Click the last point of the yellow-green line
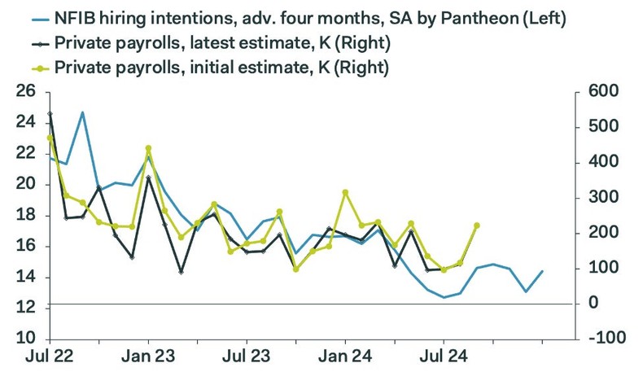point(477,226)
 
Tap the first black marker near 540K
point(50,114)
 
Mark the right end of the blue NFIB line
point(543,271)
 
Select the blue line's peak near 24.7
point(82,112)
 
